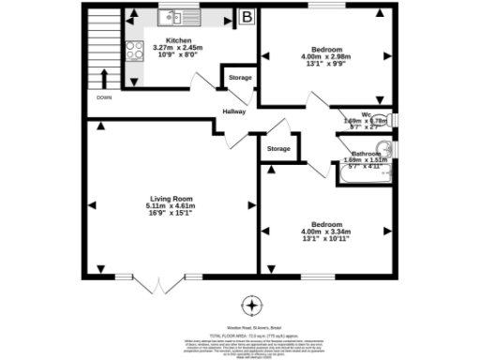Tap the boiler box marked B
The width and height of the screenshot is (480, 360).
247,16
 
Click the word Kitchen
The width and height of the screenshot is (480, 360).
179,41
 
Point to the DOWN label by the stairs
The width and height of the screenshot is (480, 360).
103,97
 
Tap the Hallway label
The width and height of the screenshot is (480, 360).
234,112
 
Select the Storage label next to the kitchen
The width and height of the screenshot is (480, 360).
240,77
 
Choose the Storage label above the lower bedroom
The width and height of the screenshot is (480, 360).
278,149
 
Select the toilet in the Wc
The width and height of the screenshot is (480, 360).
390,120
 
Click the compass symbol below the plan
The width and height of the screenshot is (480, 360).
251,306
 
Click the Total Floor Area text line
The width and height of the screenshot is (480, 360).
251,334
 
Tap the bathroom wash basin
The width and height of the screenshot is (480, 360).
385,149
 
